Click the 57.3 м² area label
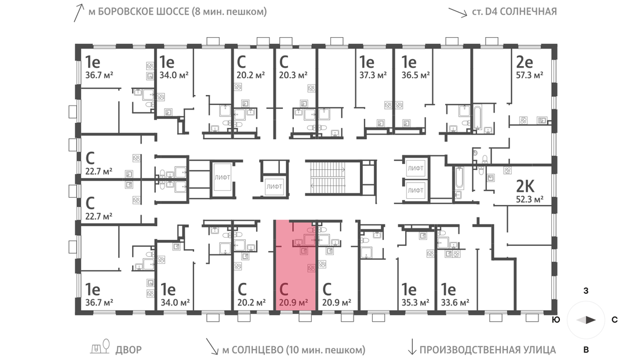[x=529, y=75]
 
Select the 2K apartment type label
[x=525, y=186]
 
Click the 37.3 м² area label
[x=373, y=75]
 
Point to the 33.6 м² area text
[x=455, y=303]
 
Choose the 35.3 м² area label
[x=415, y=303]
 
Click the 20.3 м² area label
[x=293, y=75]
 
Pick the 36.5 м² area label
[x=416, y=75]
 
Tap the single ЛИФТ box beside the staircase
[x=274, y=187]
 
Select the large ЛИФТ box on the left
[x=222, y=177]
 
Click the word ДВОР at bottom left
[x=129, y=350]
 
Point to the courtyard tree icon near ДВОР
[x=106, y=346]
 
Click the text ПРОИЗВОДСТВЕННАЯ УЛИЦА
[x=487, y=350]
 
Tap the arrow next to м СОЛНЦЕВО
[x=212, y=347]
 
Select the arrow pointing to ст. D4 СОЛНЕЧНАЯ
[x=457, y=12]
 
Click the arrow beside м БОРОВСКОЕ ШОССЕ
[x=79, y=13]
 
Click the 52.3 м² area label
[x=529, y=199]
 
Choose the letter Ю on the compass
[x=555, y=319]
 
